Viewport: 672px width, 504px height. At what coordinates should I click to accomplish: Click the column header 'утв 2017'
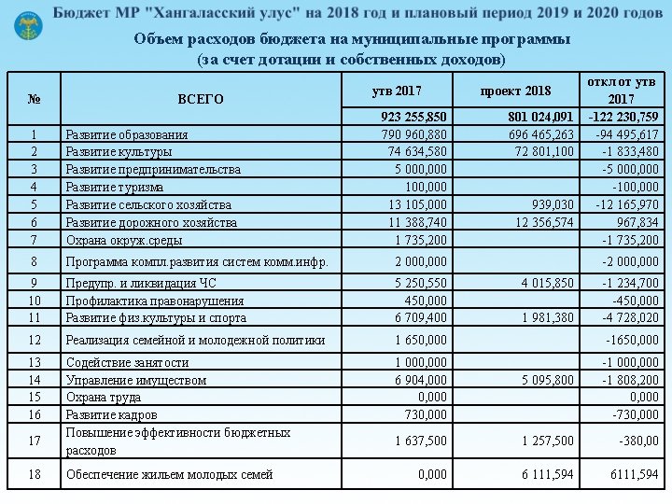tap(397, 91)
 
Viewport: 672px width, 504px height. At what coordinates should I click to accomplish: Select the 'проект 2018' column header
tap(515, 91)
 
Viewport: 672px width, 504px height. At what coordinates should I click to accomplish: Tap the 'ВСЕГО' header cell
tap(201, 98)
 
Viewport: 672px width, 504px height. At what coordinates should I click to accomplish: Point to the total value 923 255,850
tap(413, 117)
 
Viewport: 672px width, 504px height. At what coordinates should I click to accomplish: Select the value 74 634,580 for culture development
tap(417, 151)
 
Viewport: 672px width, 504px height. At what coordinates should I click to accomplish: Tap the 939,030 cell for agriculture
tap(553, 204)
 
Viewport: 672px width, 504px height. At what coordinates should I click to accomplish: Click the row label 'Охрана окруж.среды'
tap(124, 240)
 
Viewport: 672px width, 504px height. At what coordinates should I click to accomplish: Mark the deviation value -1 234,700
tap(630, 283)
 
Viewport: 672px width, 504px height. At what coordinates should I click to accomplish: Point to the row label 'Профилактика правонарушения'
tap(155, 301)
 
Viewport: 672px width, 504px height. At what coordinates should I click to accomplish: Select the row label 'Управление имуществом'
tap(136, 380)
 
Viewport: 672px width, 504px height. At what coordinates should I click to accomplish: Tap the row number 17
tap(35, 441)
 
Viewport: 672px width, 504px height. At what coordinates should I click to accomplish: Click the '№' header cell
tap(35, 98)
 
